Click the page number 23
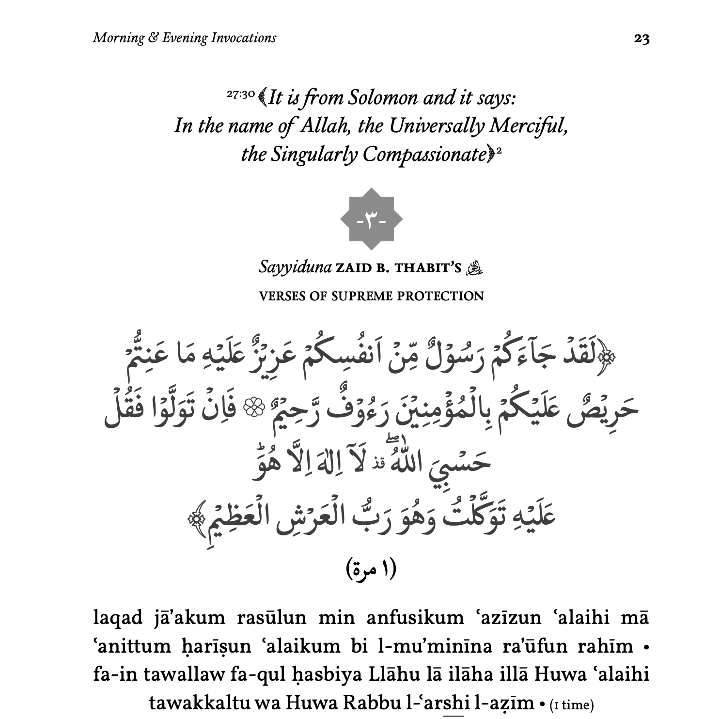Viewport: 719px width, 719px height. [x=641, y=39]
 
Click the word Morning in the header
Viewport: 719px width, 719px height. [x=118, y=38]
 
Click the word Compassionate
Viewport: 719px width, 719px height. [x=424, y=155]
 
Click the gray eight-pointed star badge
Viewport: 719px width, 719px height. [x=371, y=219]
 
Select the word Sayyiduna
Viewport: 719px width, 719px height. [x=295, y=267]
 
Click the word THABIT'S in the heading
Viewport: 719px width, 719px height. [x=428, y=268]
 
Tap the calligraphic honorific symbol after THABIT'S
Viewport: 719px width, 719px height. [x=474, y=268]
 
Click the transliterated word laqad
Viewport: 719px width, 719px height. [x=118, y=618]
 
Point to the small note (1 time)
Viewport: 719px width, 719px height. [x=572, y=704]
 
